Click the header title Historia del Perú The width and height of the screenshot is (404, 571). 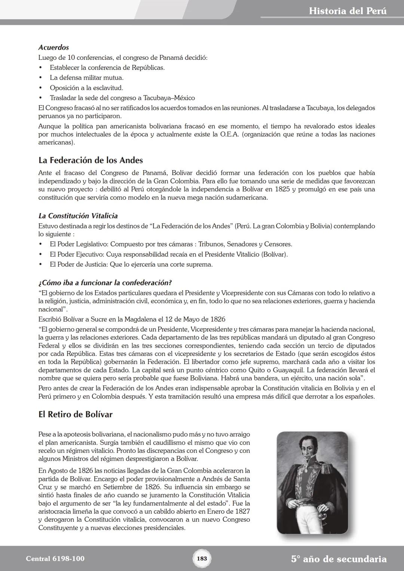coord(348,11)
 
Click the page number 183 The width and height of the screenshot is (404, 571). coord(202,559)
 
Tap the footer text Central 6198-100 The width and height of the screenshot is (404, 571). coord(55,559)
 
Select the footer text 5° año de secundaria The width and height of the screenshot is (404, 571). coord(339,559)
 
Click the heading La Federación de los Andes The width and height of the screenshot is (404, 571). coord(91,160)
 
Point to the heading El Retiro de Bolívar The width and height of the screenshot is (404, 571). coord(75,414)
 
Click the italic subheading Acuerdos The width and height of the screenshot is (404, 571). coord(53,47)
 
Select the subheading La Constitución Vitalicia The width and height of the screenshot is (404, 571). coord(78,216)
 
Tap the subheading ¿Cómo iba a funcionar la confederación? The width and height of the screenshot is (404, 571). coord(105,282)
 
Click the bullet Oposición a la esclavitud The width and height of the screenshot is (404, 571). coord(86,88)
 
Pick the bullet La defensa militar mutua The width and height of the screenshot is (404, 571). coord(86,78)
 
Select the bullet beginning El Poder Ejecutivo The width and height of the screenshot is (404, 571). coord(168,254)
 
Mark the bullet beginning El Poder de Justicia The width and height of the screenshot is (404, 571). coord(131,264)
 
